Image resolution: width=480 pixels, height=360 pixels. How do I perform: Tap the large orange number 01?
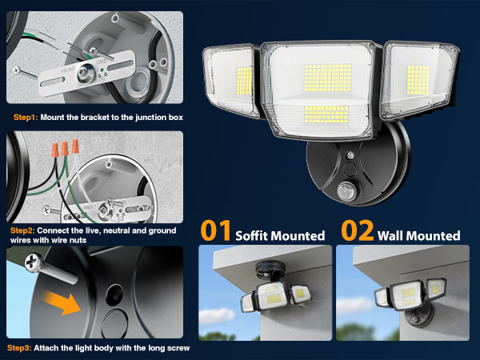coord(215,231)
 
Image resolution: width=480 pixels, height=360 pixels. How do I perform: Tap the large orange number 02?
coord(355,231)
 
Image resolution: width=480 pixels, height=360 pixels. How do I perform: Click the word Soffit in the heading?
coord(254,235)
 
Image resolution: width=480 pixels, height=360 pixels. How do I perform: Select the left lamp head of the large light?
coord(230,81)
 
